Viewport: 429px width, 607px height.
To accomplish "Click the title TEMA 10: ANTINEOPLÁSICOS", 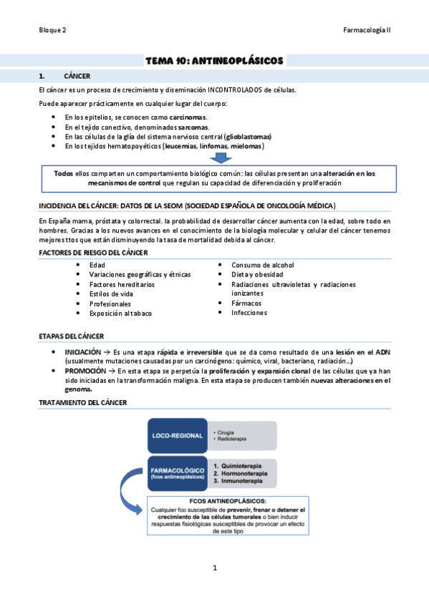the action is coord(214,61).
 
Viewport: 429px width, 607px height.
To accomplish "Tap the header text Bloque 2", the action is coord(52,30).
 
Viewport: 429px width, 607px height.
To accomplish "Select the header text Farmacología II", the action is coord(367,30).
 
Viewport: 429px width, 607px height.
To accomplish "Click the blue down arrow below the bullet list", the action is coord(221,157).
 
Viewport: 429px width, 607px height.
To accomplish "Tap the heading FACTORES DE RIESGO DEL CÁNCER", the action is coord(93,253).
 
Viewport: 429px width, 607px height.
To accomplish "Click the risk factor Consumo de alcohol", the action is coord(262,265).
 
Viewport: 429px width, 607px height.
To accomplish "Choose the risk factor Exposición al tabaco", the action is coord(121,313).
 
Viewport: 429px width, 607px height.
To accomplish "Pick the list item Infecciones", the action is coord(249,313).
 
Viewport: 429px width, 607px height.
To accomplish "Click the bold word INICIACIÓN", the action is coord(82,353).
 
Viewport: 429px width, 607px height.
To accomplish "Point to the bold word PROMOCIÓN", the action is coord(83,372).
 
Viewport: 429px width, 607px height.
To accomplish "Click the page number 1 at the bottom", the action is coord(214,568).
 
